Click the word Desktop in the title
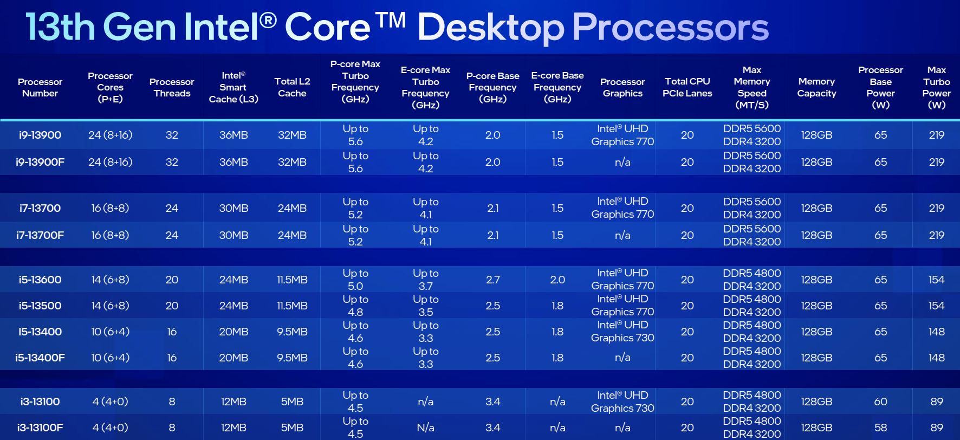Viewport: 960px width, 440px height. [490, 28]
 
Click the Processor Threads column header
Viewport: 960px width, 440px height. [172, 87]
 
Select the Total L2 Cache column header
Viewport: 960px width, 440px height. [292, 87]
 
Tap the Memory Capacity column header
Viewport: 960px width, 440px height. [816, 87]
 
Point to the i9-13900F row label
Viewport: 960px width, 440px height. [40, 162]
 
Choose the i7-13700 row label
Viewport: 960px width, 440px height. [40, 208]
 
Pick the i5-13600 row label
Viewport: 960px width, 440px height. [40, 280]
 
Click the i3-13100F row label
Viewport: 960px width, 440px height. [40, 428]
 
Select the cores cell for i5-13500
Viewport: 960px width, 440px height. [110, 306]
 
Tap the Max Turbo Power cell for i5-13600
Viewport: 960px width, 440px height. [936, 280]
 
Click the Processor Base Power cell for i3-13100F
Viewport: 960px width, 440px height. [880, 428]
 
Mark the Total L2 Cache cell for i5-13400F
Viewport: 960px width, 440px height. [292, 358]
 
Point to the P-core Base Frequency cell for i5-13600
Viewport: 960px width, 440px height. [492, 280]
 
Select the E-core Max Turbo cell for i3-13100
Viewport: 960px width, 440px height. [425, 402]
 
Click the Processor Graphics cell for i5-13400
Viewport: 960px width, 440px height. [622, 331]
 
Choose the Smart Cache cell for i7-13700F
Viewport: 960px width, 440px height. [233, 235]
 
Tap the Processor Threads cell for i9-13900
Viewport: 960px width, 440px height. [172, 135]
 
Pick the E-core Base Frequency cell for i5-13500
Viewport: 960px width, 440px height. [557, 306]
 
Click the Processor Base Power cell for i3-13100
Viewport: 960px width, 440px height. [880, 402]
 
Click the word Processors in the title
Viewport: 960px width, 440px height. [671, 28]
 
